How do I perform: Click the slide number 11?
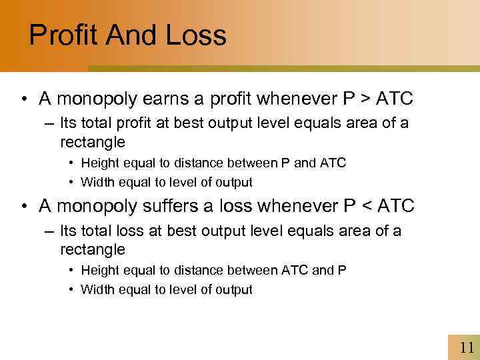coord(466,347)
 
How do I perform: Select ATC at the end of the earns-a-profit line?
coord(395,99)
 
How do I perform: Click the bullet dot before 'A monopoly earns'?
coord(23,100)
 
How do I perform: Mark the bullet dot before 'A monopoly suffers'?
coord(23,207)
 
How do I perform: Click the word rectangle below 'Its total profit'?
coord(93,142)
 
